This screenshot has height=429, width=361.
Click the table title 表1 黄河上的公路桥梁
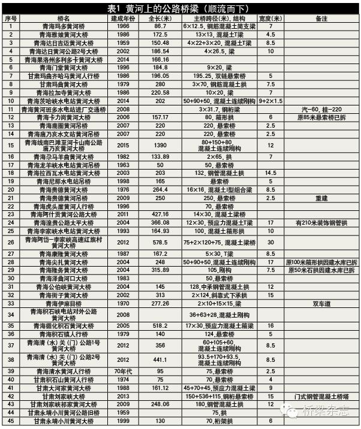[x=180, y=8]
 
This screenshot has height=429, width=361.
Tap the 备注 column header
[x=320, y=19]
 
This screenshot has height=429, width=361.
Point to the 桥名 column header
[x=64, y=19]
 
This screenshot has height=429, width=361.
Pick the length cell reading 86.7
[x=160, y=27]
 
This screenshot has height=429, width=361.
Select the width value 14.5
[x=270, y=172]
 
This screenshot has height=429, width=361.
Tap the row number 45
[x=11, y=421]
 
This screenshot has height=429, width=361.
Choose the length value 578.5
[x=160, y=241]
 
